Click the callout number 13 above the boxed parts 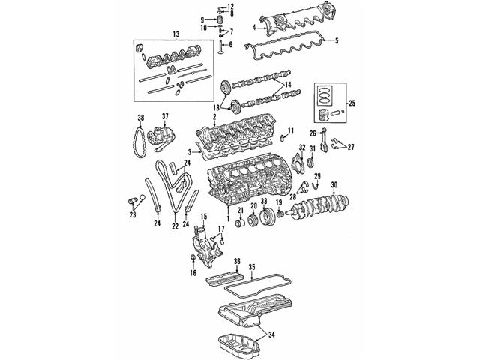[175, 34]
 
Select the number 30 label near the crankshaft [334, 185]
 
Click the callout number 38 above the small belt [140, 118]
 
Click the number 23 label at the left [132, 215]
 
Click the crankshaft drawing [330, 205]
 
